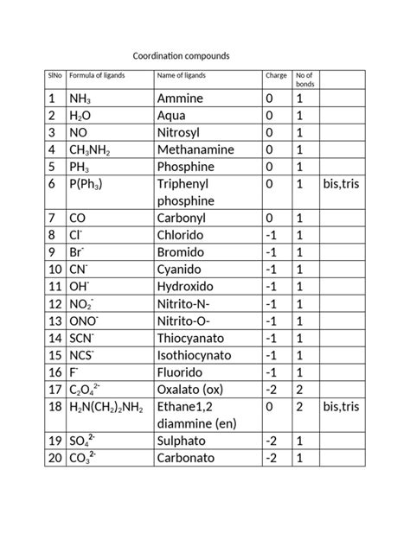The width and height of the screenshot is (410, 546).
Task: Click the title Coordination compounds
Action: coord(181,55)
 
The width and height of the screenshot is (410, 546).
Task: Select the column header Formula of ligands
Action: coord(97,76)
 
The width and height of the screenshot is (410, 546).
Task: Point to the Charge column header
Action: coord(276,76)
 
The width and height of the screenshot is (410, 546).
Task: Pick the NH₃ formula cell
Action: coord(80,99)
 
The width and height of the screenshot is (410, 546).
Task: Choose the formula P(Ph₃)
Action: coord(89,184)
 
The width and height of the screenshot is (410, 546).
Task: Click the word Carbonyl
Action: coord(183,218)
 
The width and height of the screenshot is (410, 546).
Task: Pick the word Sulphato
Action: coord(183,441)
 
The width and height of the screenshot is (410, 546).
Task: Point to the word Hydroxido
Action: coord(187,286)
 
